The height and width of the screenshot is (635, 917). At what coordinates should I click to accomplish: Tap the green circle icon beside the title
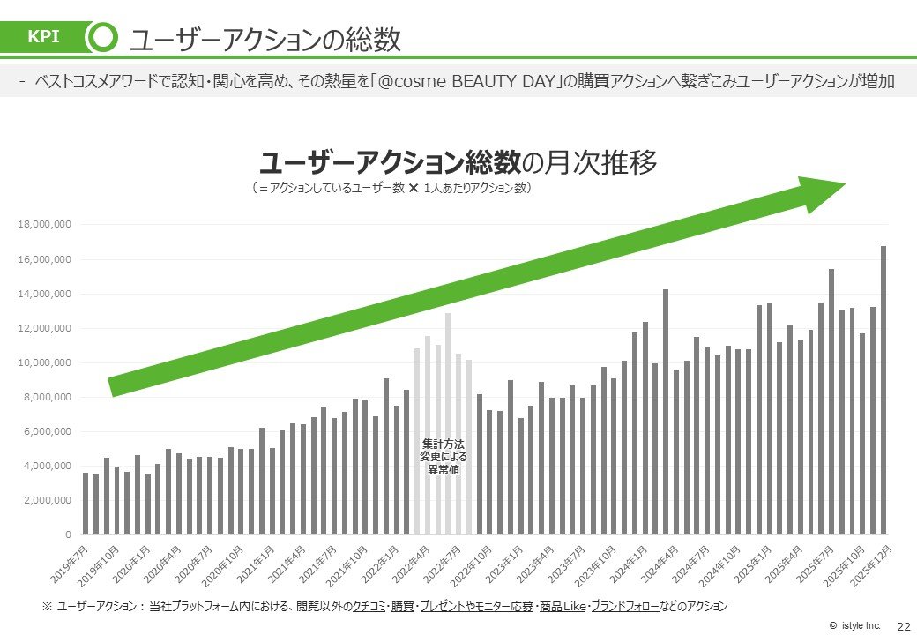pyautogui.click(x=103, y=38)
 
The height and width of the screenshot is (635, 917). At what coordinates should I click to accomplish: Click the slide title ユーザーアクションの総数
pyautogui.click(x=265, y=39)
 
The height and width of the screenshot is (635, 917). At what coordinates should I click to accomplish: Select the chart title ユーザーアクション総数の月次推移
pyautogui.click(x=458, y=163)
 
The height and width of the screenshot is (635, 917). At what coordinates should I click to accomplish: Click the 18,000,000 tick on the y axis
pyautogui.click(x=44, y=225)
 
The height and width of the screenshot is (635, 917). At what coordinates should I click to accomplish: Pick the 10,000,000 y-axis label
pyautogui.click(x=44, y=362)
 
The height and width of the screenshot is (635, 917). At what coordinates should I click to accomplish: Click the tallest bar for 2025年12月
pyautogui.click(x=883, y=390)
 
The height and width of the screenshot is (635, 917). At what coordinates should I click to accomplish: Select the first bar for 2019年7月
pyautogui.click(x=86, y=504)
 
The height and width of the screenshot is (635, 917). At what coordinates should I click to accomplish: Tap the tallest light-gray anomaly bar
pyautogui.click(x=448, y=423)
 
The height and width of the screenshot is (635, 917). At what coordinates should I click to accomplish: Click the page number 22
pyautogui.click(x=902, y=625)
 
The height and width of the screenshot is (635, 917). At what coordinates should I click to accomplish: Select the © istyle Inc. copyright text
pyautogui.click(x=854, y=625)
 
